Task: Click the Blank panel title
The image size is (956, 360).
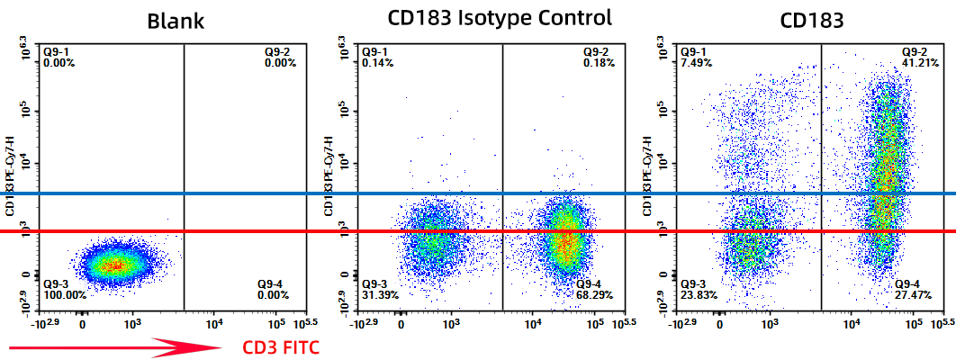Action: click(x=176, y=21)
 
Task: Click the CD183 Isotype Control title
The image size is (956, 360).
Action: click(x=500, y=17)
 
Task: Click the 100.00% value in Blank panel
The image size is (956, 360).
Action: click(x=65, y=294)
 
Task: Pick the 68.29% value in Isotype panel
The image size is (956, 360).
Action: click(x=595, y=294)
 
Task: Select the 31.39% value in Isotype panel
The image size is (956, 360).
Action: click(x=381, y=294)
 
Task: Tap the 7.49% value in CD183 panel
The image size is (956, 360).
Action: click(x=697, y=63)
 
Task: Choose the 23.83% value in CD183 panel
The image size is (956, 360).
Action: click(x=699, y=294)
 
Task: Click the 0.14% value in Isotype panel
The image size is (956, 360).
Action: click(x=378, y=63)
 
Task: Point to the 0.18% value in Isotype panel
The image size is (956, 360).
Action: click(x=599, y=63)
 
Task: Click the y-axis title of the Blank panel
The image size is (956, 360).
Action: click(x=11, y=175)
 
